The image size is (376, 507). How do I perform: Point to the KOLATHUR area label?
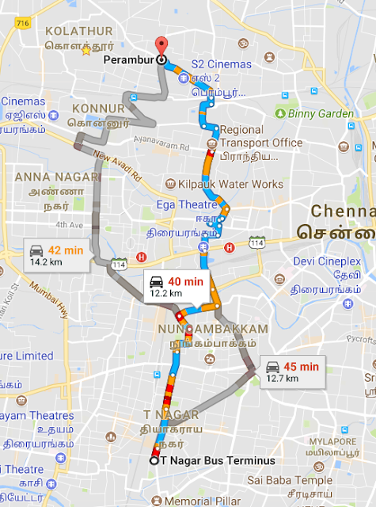click(76, 30)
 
